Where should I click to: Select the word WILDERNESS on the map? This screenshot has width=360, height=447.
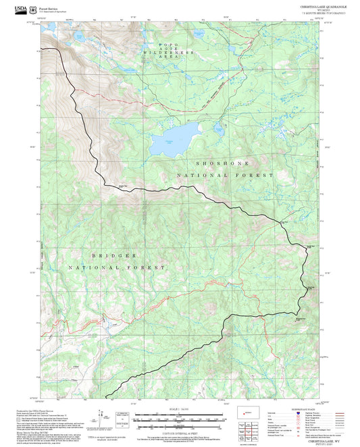[x=161, y=53]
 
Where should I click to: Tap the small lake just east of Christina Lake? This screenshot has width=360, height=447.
[x=218, y=128]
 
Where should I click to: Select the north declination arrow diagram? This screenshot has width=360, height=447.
[x=123, y=413]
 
